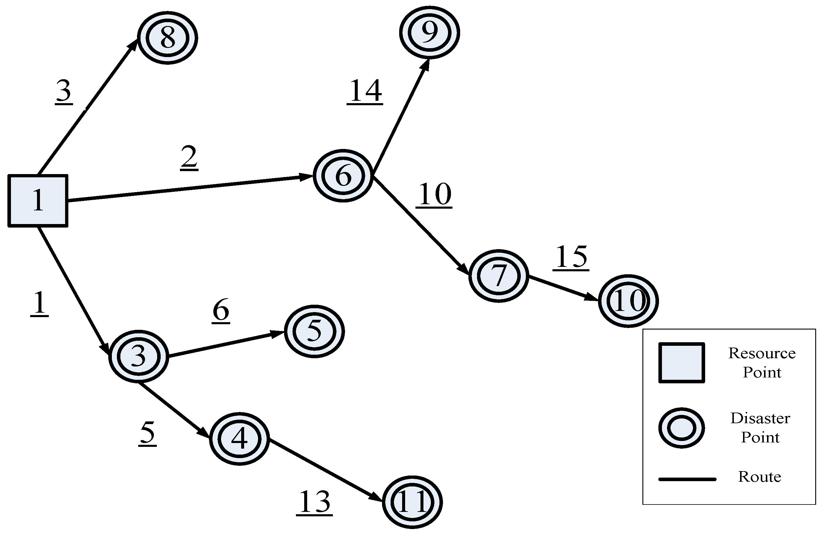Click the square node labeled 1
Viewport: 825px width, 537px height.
(38, 201)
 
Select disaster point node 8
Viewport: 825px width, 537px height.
(168, 38)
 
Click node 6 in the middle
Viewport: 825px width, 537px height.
(343, 176)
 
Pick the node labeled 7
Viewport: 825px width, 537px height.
(499, 276)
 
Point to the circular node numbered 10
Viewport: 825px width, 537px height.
(628, 301)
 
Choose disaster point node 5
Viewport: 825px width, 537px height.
(314, 331)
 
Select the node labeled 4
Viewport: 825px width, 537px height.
(239, 439)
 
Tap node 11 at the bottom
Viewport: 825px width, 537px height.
(412, 502)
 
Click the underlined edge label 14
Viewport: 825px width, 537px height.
(365, 91)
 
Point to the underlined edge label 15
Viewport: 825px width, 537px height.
(571, 257)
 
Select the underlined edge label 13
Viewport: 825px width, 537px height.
(314, 502)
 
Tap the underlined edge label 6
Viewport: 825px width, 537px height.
(221, 310)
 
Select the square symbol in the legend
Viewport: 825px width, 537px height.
(681, 363)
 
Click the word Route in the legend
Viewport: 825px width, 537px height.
(760, 477)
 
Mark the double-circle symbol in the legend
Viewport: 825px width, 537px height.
(681, 428)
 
